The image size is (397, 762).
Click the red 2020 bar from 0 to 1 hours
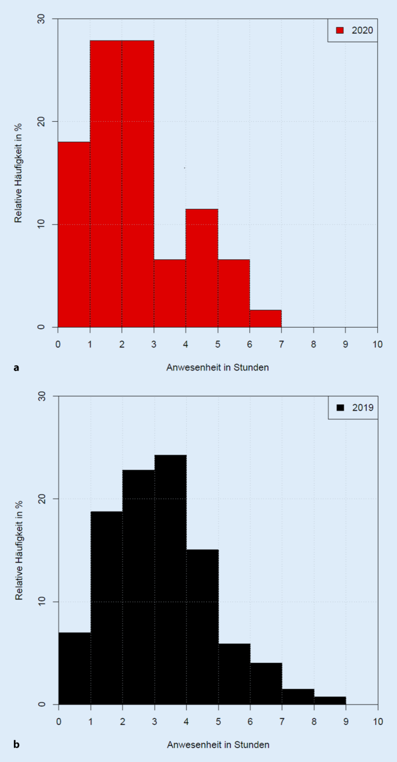pos(74,234)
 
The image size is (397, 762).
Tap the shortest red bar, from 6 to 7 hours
pos(265,318)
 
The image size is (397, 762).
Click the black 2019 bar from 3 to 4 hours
pos(170,580)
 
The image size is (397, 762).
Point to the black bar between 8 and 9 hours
pos(330,700)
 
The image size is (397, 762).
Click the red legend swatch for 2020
pos(340,30)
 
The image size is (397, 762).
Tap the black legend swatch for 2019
pos(340,407)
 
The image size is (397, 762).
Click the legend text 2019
pos(362,407)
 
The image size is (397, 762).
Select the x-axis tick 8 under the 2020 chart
pos(314,344)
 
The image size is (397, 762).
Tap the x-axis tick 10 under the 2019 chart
pos(377,721)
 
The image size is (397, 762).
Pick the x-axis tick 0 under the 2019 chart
pos(59,721)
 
